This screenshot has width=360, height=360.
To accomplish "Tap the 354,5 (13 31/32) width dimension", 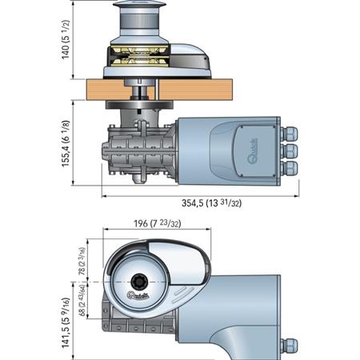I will (201, 202).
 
